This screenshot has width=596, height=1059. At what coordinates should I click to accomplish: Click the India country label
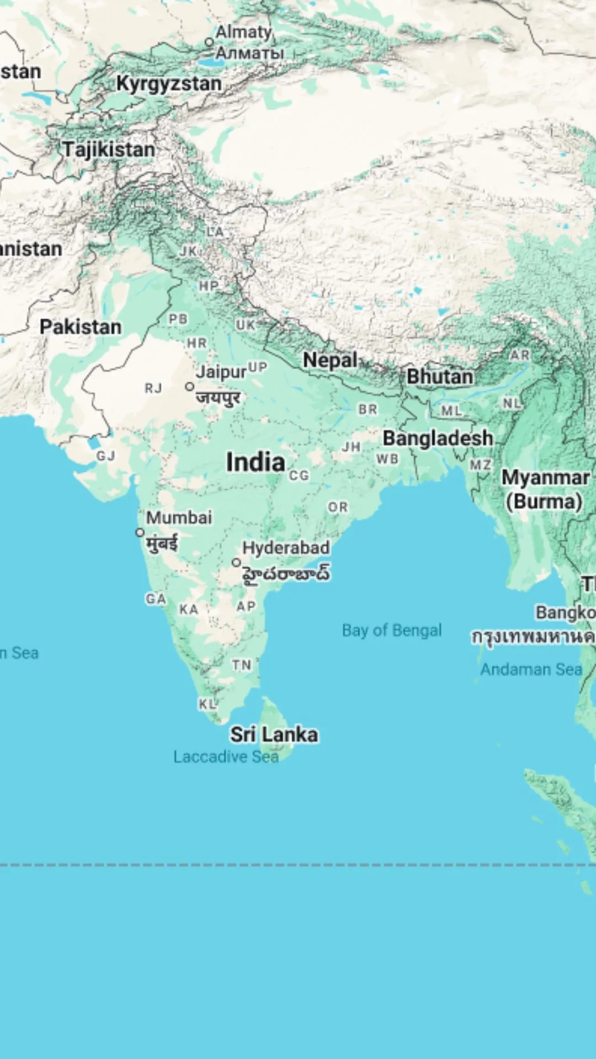point(256,462)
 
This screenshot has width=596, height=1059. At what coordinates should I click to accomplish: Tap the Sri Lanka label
point(274,735)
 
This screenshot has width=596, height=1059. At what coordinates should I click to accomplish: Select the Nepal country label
point(330,360)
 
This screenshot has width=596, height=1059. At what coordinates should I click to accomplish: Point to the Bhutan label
point(440,377)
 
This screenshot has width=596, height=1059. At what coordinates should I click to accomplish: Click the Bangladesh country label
point(438,438)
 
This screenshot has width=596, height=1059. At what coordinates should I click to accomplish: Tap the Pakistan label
point(81,327)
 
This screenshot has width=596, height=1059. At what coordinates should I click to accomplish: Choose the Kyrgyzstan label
point(169,84)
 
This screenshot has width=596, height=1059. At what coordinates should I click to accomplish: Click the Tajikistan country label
point(109,149)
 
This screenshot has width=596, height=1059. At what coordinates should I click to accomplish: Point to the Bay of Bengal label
point(392,630)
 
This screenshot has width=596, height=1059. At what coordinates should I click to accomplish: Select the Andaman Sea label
point(531,670)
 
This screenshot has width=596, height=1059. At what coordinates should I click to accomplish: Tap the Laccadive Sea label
point(226,757)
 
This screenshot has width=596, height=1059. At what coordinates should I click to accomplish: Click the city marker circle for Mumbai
point(140,532)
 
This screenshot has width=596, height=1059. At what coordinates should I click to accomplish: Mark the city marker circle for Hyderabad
point(236,562)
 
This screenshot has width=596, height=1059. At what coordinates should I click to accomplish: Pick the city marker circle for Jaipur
point(190,387)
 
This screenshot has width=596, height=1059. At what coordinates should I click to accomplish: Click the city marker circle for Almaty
point(209,42)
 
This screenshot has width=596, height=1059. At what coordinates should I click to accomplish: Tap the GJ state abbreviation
point(106,456)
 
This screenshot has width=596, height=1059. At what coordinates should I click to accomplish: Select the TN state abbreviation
point(242,665)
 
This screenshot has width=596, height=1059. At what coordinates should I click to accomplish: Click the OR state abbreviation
point(338,507)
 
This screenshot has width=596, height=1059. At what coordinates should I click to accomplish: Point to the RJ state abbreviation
point(153,388)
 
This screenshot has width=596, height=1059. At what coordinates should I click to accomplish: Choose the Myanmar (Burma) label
point(545,489)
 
